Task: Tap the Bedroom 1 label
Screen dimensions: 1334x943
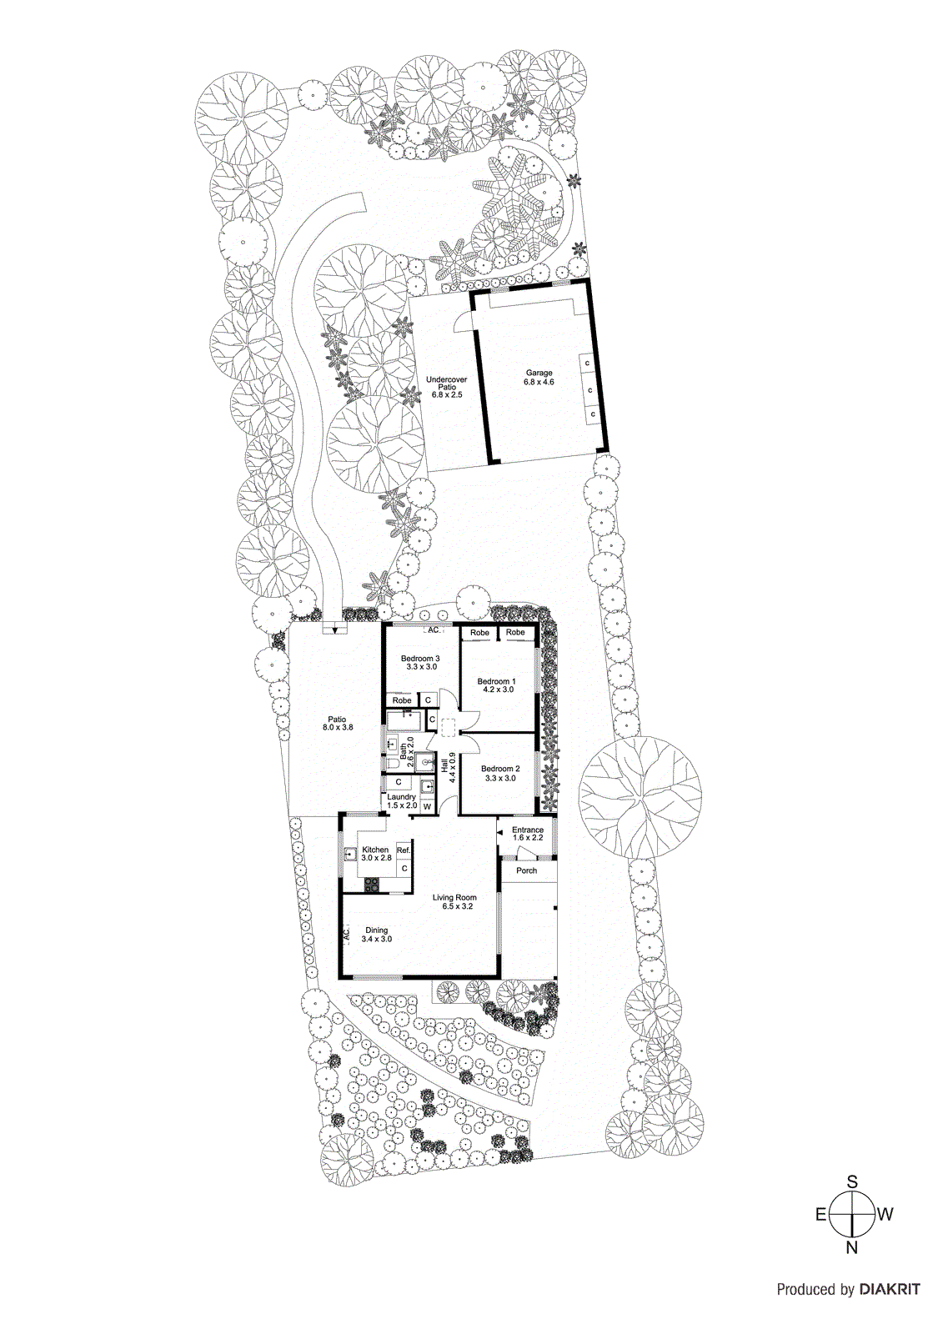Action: (495, 685)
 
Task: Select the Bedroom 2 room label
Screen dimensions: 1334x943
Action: (500, 773)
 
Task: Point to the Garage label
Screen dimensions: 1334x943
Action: (539, 377)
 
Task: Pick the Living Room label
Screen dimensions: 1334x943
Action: (454, 901)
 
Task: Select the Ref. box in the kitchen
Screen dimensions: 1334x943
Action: (404, 850)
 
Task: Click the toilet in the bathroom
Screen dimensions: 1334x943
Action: (392, 764)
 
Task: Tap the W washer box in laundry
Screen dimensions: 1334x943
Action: (427, 806)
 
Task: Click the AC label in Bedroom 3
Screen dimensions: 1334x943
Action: (433, 630)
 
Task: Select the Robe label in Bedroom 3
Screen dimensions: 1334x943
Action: (402, 700)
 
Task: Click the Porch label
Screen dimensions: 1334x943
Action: (526, 870)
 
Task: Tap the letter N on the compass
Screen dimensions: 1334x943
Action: (851, 1248)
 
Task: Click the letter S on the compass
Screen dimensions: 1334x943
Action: (852, 1181)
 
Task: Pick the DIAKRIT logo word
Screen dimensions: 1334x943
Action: (890, 1289)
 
